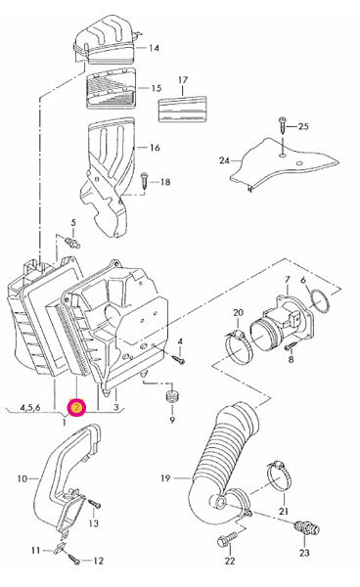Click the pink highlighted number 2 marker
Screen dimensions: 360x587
click(x=76, y=408)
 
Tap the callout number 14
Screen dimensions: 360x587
click(x=154, y=48)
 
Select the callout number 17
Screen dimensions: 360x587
click(x=183, y=80)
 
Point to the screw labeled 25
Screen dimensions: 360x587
click(x=282, y=124)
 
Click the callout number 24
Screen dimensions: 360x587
click(x=224, y=160)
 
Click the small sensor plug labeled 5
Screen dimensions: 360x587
click(x=72, y=243)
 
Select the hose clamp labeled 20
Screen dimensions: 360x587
click(x=239, y=344)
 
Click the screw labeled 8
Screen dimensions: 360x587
click(x=291, y=347)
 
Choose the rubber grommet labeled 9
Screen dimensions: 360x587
click(x=171, y=396)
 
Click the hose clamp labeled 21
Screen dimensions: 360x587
click(x=280, y=477)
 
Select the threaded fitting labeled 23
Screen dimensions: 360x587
click(x=307, y=528)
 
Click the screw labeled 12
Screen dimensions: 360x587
click(x=74, y=559)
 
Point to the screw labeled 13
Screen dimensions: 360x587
click(x=94, y=504)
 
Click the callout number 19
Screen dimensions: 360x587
click(x=165, y=478)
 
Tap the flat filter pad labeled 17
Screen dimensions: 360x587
click(x=182, y=110)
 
